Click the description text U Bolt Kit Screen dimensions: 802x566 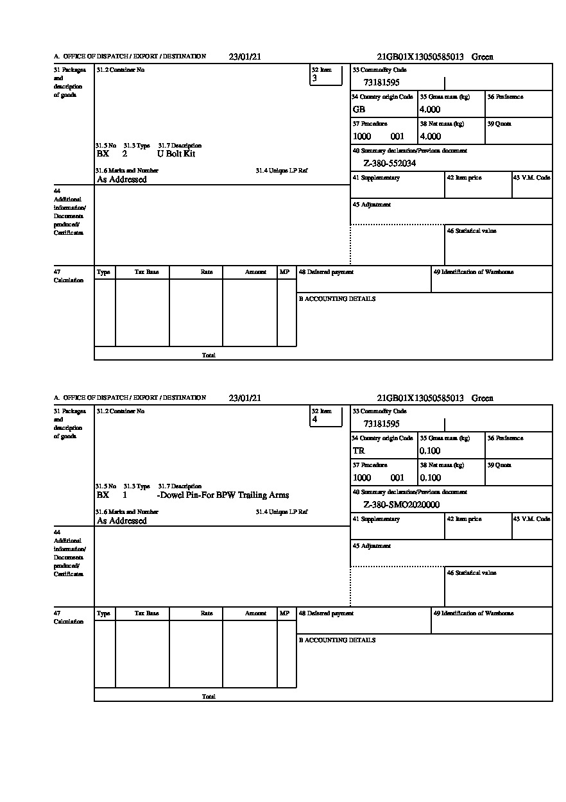[x=176, y=154]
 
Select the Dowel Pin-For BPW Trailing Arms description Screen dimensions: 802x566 [x=223, y=495]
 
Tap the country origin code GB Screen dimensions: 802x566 [x=359, y=110]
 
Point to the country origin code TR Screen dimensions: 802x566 [x=359, y=451]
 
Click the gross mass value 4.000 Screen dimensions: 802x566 [x=430, y=110]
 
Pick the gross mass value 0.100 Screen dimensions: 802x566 [x=430, y=451]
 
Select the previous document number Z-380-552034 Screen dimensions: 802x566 [x=390, y=164]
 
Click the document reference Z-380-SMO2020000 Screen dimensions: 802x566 [x=401, y=505]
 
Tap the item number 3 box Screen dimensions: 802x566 [x=327, y=75]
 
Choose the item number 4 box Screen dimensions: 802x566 [x=327, y=416]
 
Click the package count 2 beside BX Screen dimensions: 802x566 [x=124, y=154]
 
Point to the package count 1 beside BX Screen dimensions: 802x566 [x=124, y=495]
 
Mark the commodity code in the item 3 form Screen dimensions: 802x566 [x=381, y=83]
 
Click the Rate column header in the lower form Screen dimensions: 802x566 [x=206, y=613]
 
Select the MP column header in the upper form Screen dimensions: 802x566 [x=284, y=272]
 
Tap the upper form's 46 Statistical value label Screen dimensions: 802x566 [x=472, y=231]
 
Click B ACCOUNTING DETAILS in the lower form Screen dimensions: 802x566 [x=337, y=640]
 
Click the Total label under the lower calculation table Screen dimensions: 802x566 [x=209, y=696]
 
